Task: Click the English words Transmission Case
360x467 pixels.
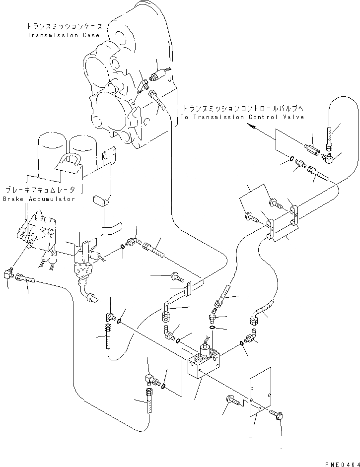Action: click(x=64, y=35)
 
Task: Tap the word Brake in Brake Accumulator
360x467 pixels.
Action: click(x=13, y=199)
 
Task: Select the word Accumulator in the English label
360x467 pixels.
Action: click(x=52, y=199)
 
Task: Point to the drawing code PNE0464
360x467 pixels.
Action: click(x=343, y=464)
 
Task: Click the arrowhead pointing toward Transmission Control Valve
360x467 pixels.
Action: click(x=252, y=127)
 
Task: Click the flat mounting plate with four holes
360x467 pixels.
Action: click(x=260, y=392)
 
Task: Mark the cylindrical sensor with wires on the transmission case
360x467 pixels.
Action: click(x=157, y=75)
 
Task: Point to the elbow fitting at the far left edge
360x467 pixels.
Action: click(x=8, y=272)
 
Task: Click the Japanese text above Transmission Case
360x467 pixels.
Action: click(x=65, y=26)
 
